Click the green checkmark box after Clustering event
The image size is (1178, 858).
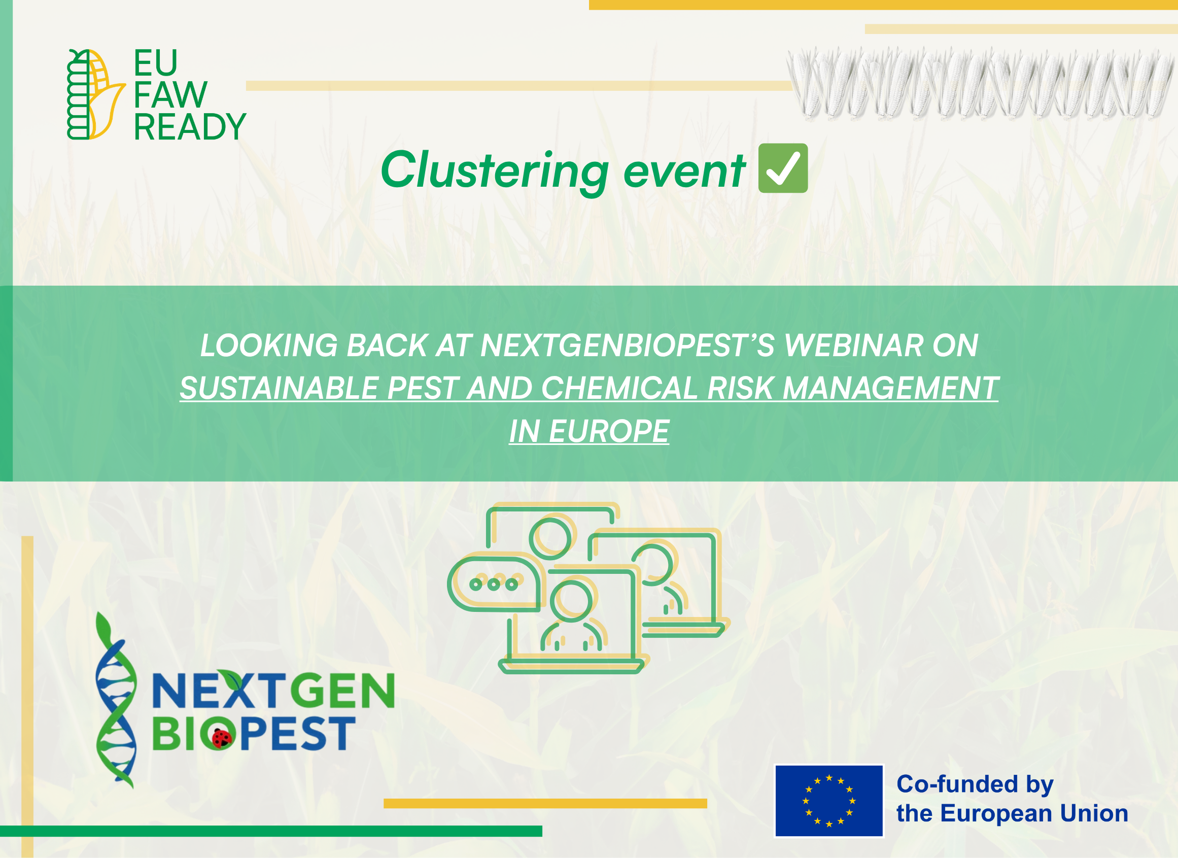click(783, 168)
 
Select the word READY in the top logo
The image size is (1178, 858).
click(190, 127)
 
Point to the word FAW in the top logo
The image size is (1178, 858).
click(170, 95)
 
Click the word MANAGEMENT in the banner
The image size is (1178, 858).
click(890, 389)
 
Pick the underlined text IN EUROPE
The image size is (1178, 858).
click(589, 432)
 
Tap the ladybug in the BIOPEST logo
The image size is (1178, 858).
click(222, 738)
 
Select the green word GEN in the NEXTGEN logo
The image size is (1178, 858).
click(343, 691)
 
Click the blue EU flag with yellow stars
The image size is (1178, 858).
click(829, 801)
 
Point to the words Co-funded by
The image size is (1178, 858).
click(975, 784)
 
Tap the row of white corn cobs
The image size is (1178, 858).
click(979, 83)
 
